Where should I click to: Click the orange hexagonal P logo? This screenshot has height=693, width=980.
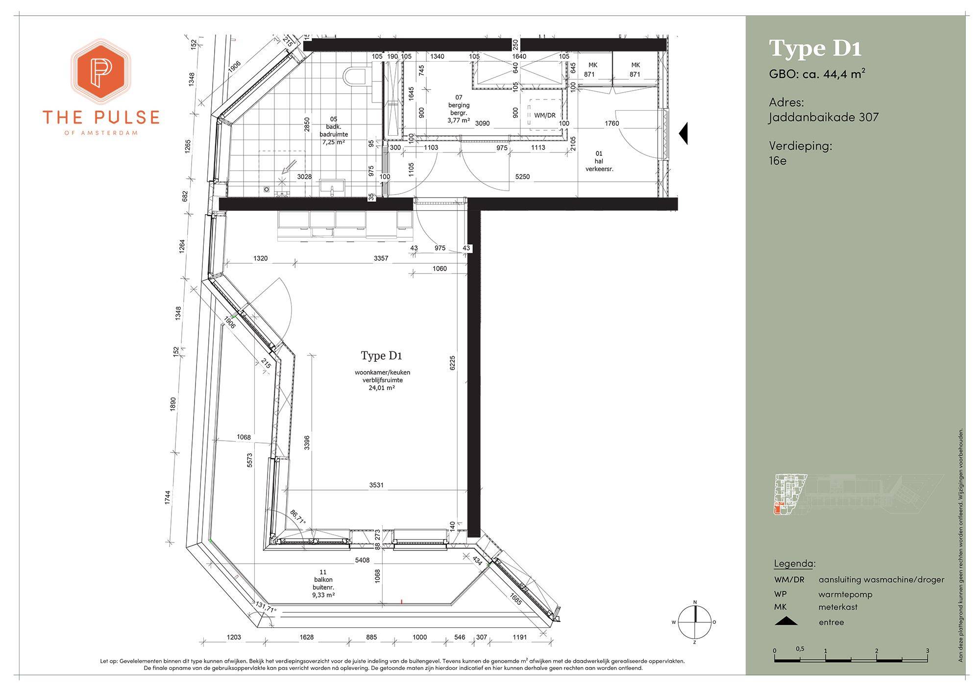click(101, 72)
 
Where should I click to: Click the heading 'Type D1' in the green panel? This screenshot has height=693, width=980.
click(815, 49)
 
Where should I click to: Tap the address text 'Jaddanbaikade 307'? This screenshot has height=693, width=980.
click(824, 117)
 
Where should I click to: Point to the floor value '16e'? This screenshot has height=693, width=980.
click(778, 160)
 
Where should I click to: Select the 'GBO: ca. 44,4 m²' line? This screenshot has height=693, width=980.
click(817, 74)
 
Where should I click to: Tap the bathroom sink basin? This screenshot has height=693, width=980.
click(332, 186)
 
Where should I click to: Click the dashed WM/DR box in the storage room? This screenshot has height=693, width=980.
click(544, 114)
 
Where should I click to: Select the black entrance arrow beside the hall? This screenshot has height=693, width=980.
click(683, 133)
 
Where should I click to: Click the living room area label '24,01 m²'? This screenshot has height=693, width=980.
click(382, 388)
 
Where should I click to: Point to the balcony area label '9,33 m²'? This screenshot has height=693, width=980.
click(323, 595)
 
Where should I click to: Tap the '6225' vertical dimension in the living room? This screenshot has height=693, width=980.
click(452, 363)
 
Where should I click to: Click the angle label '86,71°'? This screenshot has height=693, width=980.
click(297, 518)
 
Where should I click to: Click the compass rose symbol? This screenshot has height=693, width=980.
click(694, 622)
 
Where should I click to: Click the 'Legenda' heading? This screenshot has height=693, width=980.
click(794, 563)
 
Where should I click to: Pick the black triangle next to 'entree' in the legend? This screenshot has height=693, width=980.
click(786, 621)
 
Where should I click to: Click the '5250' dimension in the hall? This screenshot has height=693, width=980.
click(522, 177)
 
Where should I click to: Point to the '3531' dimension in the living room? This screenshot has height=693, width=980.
click(376, 485)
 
